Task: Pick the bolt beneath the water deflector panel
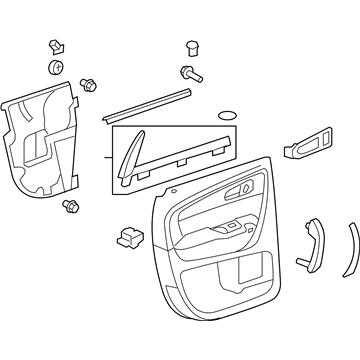[71, 207]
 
